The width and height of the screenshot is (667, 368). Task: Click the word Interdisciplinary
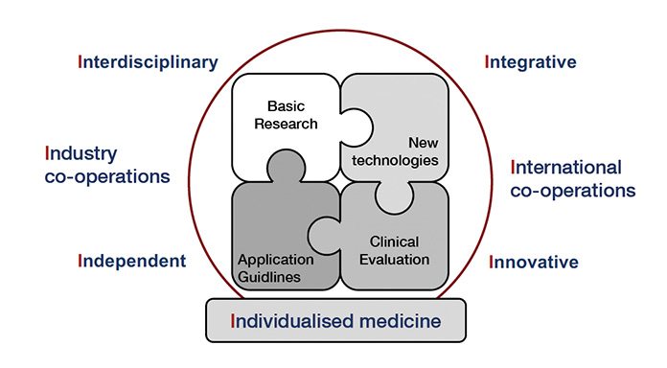149,62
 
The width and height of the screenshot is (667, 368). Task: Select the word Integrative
531,62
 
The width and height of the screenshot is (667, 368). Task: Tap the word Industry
81,153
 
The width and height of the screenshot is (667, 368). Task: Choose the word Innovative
534,261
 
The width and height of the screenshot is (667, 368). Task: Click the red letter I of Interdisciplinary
80,62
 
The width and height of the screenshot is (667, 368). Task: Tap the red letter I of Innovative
492,261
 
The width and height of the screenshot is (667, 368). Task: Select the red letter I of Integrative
489,62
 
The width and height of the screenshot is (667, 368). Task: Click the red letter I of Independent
80,261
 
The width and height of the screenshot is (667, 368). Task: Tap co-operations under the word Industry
107,176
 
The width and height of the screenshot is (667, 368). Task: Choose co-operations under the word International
572,190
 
